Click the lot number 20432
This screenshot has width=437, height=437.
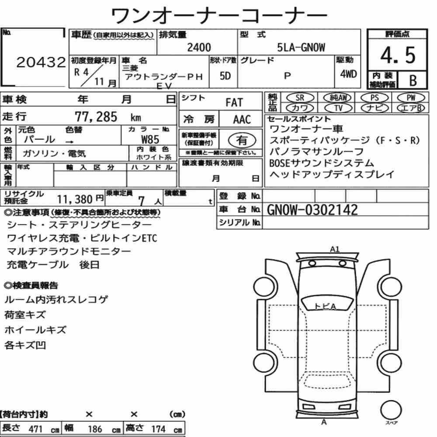pyautogui.click(x=41, y=62)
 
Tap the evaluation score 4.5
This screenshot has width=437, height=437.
pyautogui.click(x=398, y=55)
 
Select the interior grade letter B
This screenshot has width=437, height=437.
pyautogui.click(x=413, y=80)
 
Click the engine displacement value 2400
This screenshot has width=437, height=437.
pyautogui.click(x=199, y=47)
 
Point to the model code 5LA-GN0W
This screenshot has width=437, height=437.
pyautogui.click(x=301, y=47)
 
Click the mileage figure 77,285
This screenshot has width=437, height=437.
pyautogui.click(x=96, y=117)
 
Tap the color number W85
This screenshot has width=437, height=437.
pyautogui.click(x=150, y=139)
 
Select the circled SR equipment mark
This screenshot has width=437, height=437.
pyautogui.click(x=300, y=98)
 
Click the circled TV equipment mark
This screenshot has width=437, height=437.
pyautogui.click(x=338, y=108)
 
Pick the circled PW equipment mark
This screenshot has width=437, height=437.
pyautogui.click(x=411, y=98)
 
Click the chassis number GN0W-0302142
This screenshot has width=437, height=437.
pyautogui.click(x=312, y=210)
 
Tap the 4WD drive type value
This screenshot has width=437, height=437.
pyautogui.click(x=348, y=74)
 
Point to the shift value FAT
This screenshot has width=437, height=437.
pyautogui.click(x=234, y=103)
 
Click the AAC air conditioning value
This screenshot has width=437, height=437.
pyautogui.click(x=242, y=120)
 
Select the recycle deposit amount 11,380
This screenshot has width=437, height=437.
pyautogui.click(x=75, y=199)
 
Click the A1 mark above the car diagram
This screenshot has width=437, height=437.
pyautogui.click(x=334, y=249)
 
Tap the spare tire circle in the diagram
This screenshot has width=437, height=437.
pyautogui.click(x=391, y=410)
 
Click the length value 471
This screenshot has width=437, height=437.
pyautogui.click(x=35, y=429)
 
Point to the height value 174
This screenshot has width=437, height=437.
pyautogui.click(x=158, y=429)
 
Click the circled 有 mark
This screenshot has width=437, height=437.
pyautogui.click(x=242, y=140)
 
